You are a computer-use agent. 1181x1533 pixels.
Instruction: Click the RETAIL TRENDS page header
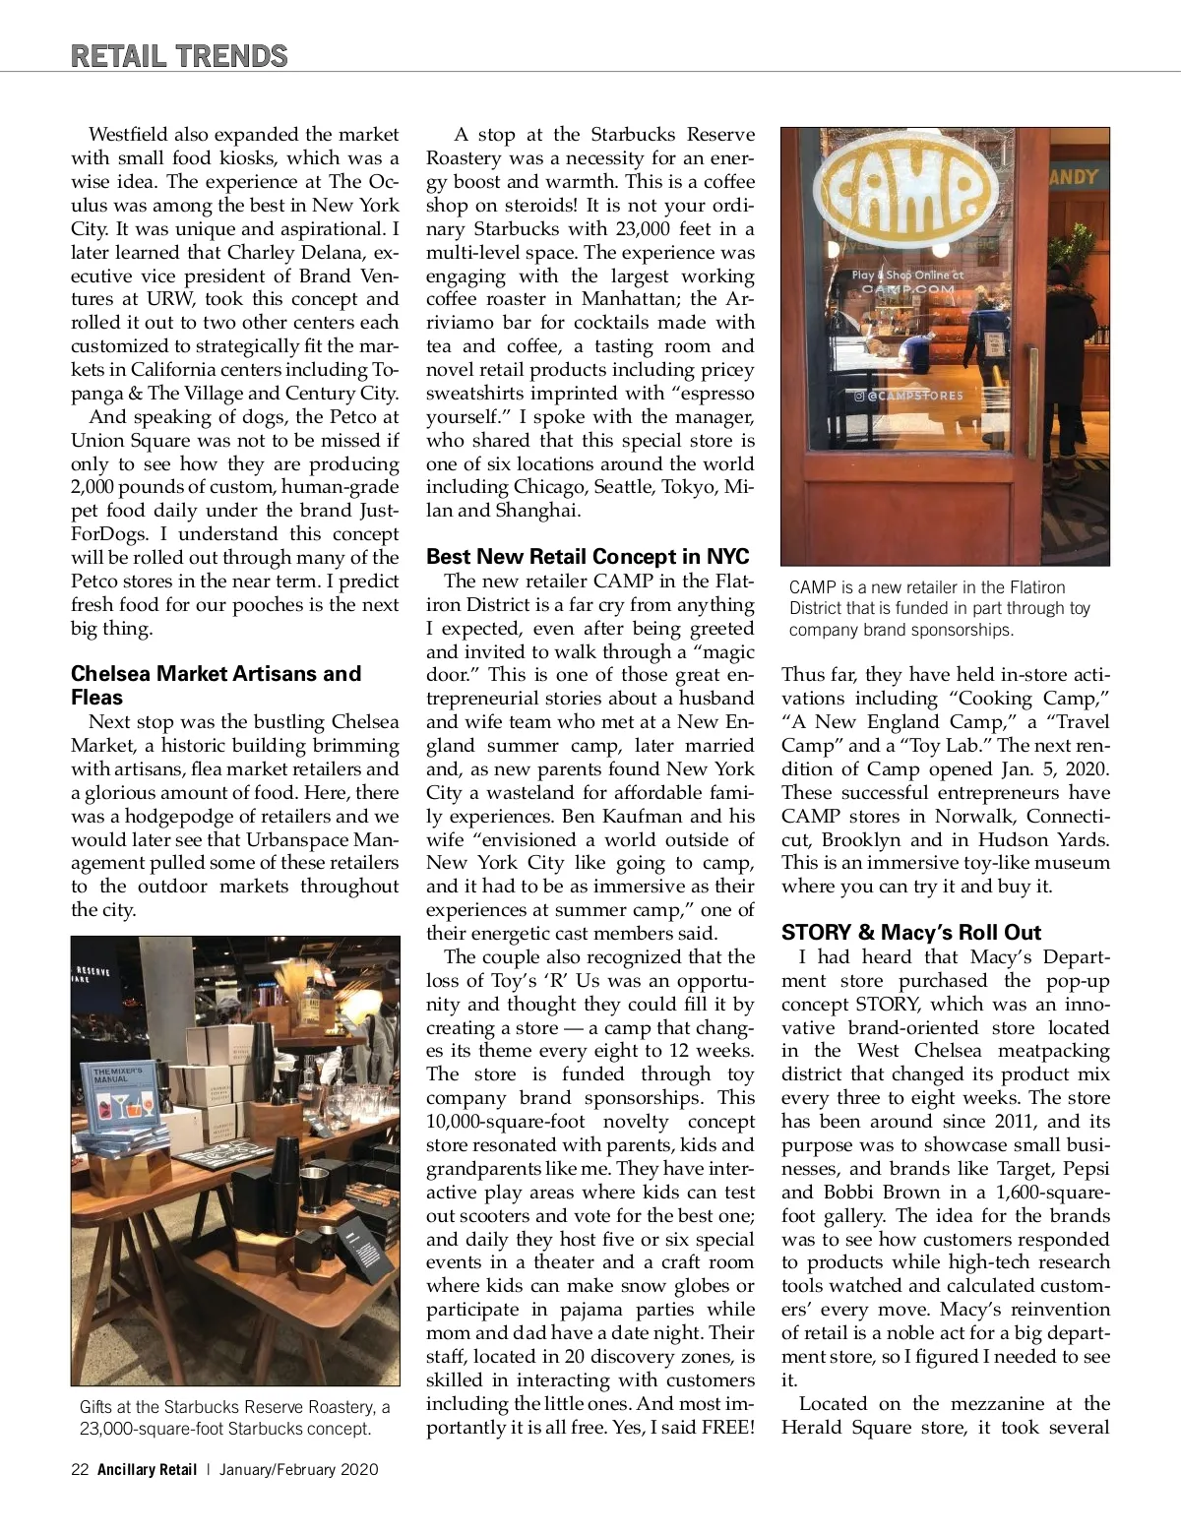(178, 55)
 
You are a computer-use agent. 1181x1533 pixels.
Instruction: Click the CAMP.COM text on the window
(907, 289)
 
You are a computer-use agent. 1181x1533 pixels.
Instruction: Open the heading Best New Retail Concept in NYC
(588, 557)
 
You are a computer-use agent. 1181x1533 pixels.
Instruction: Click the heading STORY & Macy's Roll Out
(910, 932)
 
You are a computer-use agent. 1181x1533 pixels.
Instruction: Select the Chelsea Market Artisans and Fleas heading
(216, 685)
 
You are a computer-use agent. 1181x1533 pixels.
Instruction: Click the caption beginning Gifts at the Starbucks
(234, 1418)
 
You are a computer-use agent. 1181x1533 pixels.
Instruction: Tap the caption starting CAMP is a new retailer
(939, 608)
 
